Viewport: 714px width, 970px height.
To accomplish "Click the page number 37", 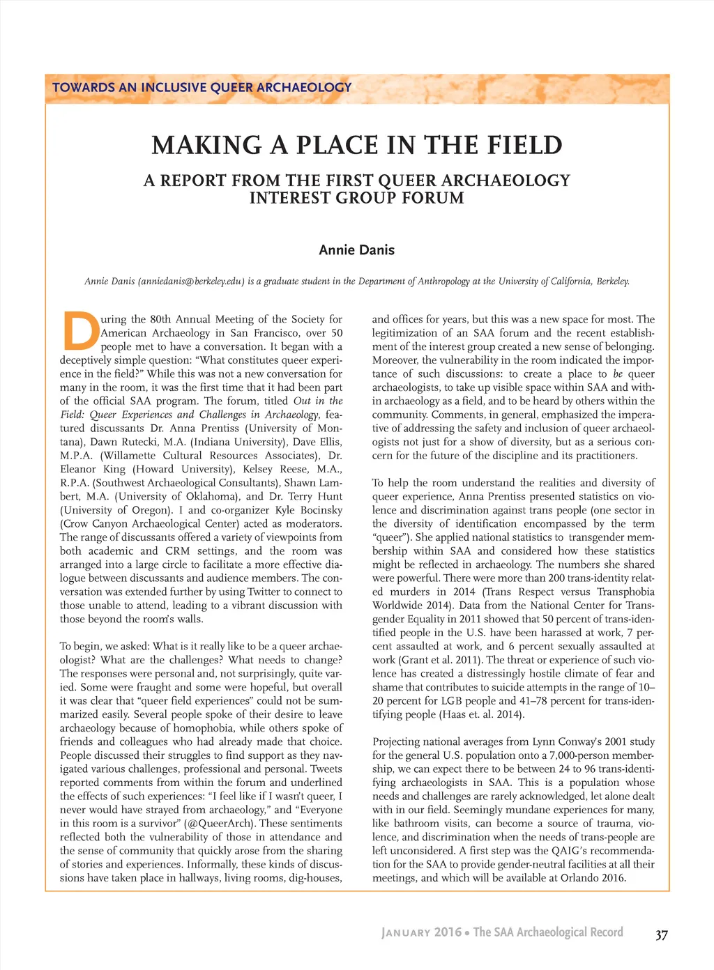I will [x=661, y=935].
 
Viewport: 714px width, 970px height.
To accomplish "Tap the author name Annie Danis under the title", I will [x=356, y=249].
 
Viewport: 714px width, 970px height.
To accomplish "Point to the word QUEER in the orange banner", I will [x=231, y=88].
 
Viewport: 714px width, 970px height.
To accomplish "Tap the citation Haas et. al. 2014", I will [x=482, y=714].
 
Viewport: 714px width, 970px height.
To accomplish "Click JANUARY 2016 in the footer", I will [x=421, y=932].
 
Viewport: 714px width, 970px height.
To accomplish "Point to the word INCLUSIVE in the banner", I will [x=173, y=88].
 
